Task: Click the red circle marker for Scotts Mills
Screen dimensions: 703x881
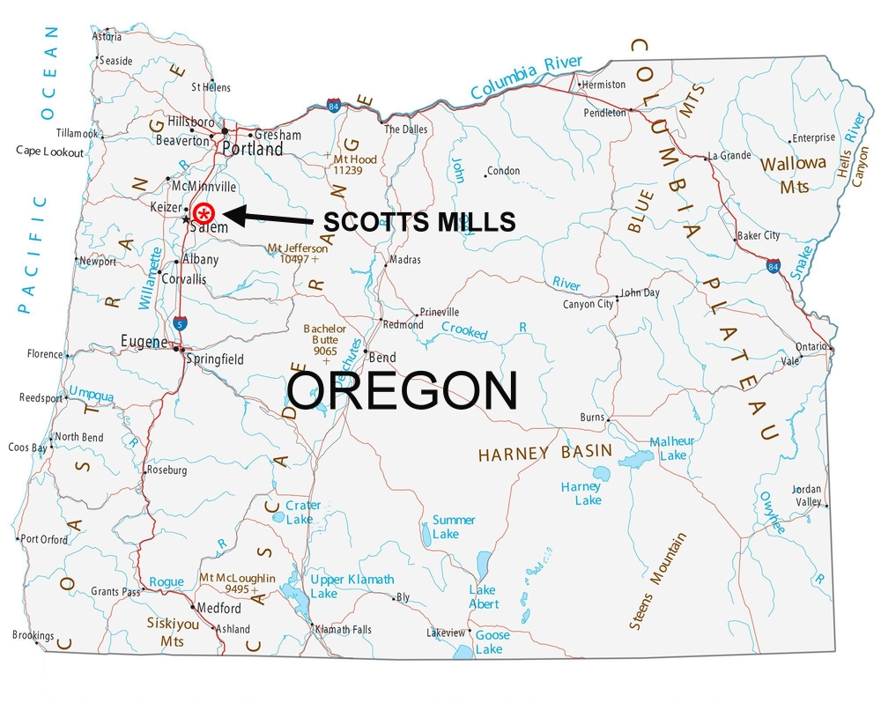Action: (x=204, y=213)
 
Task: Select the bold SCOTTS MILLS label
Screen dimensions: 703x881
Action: (x=418, y=222)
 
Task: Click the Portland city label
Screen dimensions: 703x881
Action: (x=253, y=150)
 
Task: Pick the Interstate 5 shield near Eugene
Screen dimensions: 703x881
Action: (x=180, y=322)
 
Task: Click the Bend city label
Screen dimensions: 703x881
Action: (x=382, y=358)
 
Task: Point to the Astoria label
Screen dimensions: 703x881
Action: (x=107, y=37)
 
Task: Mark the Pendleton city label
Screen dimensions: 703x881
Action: (x=604, y=113)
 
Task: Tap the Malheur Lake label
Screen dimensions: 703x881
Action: (x=672, y=448)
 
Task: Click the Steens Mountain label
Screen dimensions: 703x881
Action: (x=657, y=582)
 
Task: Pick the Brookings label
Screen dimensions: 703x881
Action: (x=33, y=635)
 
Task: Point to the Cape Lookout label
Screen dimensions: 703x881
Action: (x=49, y=152)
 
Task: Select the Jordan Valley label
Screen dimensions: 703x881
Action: (x=807, y=495)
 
